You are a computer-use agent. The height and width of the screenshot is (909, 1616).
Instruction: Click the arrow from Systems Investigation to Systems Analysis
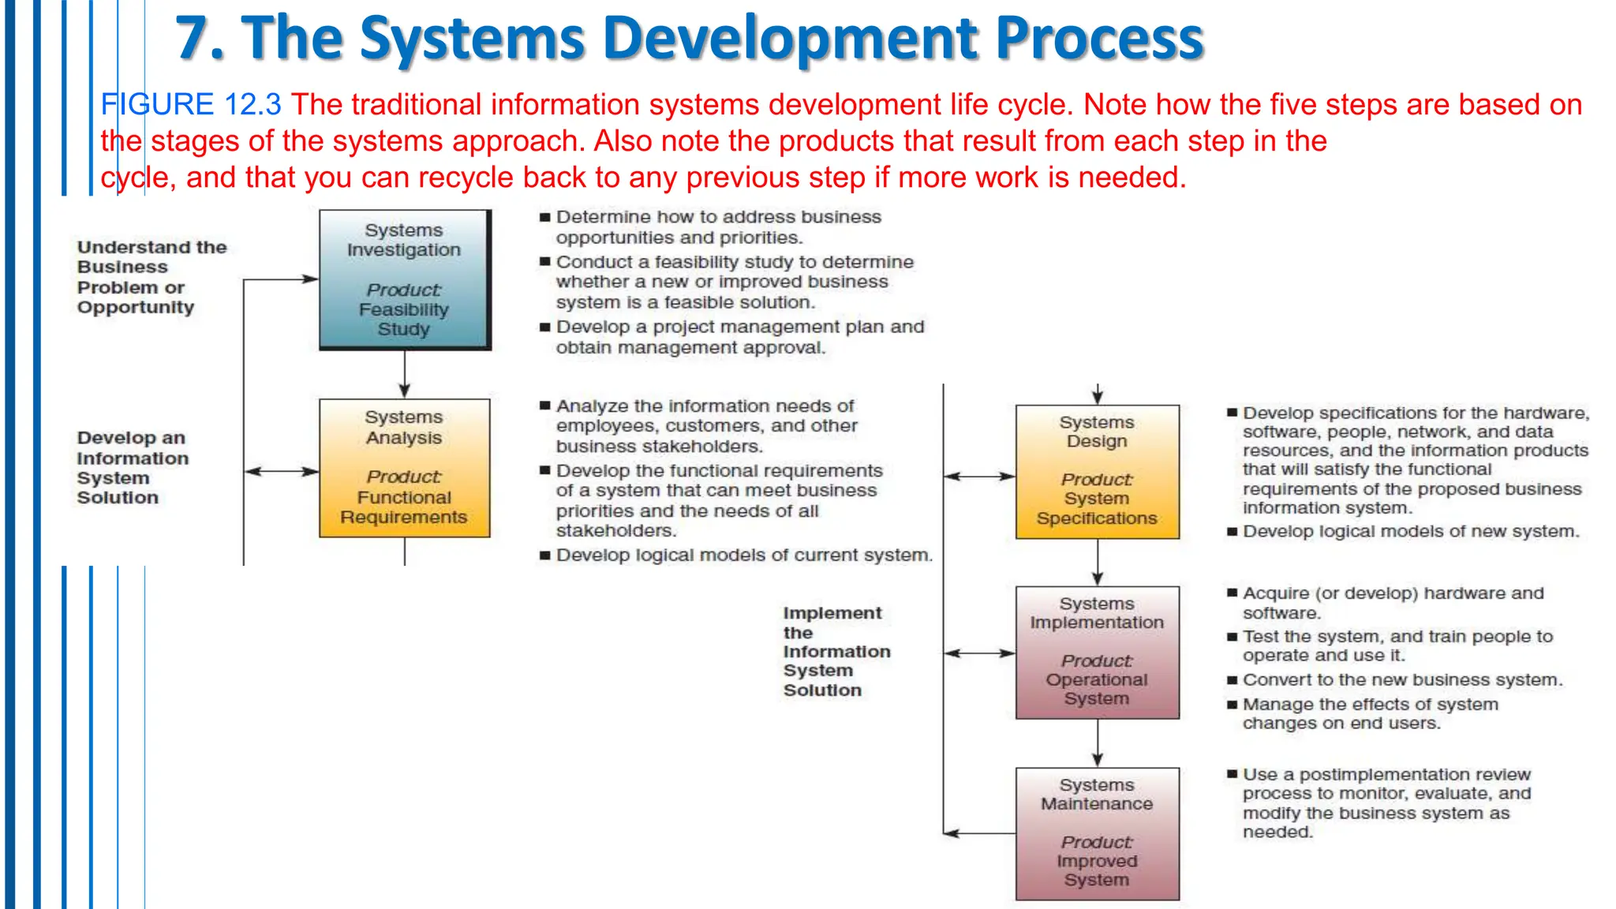click(x=404, y=374)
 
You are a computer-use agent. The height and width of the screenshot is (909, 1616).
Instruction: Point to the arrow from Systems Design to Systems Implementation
click(x=1097, y=563)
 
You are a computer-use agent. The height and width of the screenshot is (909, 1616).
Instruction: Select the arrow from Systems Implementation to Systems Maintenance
click(x=1097, y=743)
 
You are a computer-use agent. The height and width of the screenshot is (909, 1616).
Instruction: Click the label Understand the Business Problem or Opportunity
click(x=150, y=277)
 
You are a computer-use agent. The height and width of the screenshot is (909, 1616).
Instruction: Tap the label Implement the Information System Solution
click(x=835, y=651)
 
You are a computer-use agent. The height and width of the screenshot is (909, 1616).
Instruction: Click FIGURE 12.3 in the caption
click(x=190, y=104)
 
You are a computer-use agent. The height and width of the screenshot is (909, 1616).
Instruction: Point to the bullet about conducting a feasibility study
click(x=734, y=282)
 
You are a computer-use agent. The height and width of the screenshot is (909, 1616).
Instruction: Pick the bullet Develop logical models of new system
click(x=1410, y=532)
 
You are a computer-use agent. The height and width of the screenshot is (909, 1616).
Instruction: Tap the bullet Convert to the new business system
click(x=1401, y=680)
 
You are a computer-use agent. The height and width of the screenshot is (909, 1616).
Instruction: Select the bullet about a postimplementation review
click(x=1386, y=803)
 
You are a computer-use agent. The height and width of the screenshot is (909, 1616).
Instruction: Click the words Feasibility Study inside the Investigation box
click(x=403, y=320)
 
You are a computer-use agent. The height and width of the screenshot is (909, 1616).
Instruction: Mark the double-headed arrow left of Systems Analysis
click(x=282, y=472)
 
